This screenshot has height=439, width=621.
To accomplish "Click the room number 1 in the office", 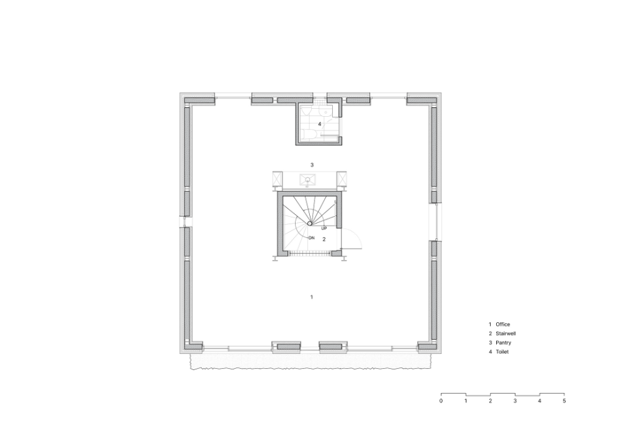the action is point(312,296).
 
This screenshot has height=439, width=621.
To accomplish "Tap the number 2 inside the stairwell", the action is point(324,239).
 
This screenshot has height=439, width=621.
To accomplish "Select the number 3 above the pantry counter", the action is point(312,165).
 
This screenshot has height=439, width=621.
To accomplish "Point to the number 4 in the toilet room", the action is point(319,124).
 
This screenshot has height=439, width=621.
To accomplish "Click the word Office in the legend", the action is point(503,324).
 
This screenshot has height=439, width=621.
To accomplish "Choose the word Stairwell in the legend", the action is point(506,334).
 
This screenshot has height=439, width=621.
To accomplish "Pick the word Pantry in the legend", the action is point(504,342).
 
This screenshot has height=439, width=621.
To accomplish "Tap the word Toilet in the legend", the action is point(502,352).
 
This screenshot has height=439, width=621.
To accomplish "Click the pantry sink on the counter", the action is point(307,180).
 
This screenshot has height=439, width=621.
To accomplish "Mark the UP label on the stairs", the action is point(324,228).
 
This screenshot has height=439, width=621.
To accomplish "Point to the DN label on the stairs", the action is point(311,238).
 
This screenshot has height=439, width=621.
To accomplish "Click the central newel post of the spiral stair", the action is point(310,224).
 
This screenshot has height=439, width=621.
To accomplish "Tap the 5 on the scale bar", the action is point(564,401).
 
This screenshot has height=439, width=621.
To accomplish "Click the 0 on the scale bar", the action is point(441,401).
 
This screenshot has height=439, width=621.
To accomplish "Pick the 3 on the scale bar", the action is point(515,401).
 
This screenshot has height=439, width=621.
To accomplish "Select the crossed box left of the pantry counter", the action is point(277,179).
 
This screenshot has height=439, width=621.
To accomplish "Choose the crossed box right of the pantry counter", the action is point(342,179).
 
